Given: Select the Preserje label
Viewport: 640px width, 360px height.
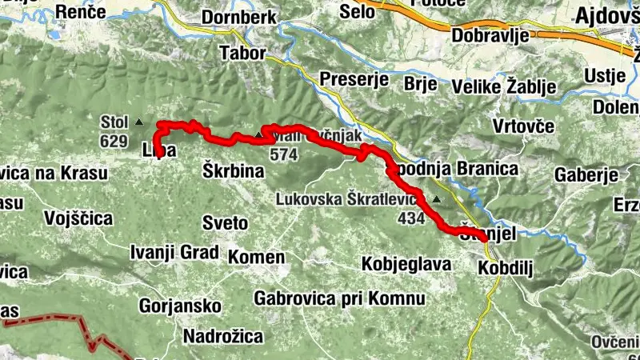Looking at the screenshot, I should (x=354, y=79).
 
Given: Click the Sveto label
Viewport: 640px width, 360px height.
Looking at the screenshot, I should (x=220, y=222).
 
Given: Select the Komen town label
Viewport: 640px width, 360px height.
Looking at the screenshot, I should (x=256, y=258).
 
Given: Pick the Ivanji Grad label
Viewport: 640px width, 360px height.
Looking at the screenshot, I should (x=174, y=253).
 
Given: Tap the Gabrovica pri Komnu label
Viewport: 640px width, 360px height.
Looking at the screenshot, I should (x=338, y=298).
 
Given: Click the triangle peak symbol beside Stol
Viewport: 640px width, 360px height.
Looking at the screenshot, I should (x=139, y=122).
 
